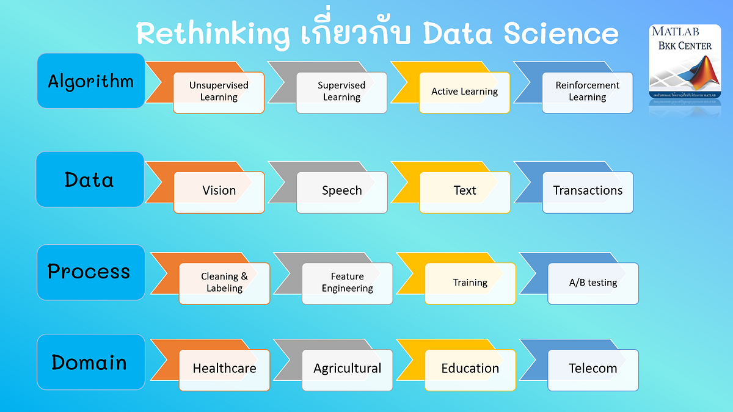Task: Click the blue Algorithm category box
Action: [x=91, y=81]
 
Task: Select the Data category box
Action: [x=90, y=179]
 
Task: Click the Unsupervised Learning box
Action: [x=219, y=92]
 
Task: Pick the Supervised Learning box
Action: [x=341, y=92]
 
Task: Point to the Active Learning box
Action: [x=464, y=92]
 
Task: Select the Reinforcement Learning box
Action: [x=587, y=92]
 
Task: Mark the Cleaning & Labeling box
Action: [x=224, y=283]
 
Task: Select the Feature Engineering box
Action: [x=347, y=283]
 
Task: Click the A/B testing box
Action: [x=593, y=283]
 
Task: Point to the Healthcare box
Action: [x=224, y=369]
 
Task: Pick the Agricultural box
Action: [x=347, y=369]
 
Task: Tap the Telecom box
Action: [x=593, y=369]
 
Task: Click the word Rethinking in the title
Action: [x=212, y=34]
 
